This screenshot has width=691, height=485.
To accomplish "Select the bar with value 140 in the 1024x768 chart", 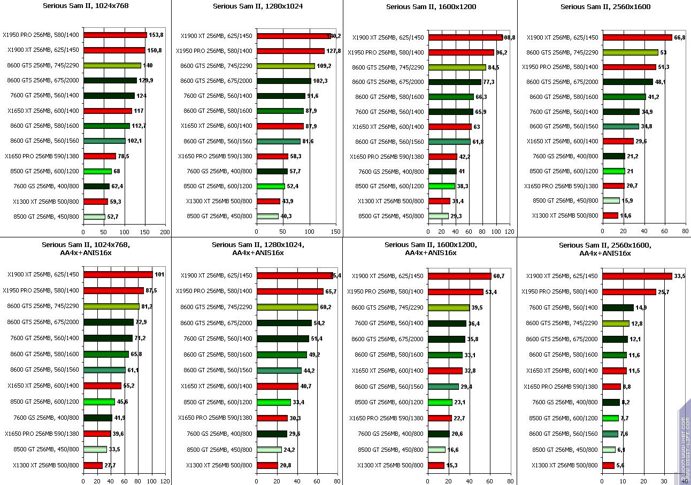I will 112,65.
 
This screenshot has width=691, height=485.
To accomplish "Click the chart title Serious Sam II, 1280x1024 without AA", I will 257,6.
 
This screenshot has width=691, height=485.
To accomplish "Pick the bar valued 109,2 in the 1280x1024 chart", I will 286,66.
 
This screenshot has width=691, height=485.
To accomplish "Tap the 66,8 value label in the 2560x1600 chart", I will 680,37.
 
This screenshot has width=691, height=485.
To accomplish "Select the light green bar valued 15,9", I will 611,201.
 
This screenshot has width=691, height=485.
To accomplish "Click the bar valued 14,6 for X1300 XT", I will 610,215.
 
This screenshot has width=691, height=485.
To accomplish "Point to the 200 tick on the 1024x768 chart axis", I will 165,232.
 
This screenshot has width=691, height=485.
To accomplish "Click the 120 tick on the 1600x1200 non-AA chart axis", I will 510,232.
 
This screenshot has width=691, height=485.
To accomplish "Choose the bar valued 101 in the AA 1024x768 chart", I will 118,274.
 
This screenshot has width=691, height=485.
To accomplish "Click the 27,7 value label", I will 110,465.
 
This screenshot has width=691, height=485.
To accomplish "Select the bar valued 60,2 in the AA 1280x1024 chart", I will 287,307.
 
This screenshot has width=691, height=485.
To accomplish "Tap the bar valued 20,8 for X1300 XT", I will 267,465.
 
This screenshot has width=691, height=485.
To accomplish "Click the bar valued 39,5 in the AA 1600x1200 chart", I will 449,307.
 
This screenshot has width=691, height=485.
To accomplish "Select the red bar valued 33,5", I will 637,276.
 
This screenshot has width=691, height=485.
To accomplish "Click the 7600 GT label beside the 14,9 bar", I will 563,307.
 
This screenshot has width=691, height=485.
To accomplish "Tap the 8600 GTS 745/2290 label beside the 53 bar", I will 562,52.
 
